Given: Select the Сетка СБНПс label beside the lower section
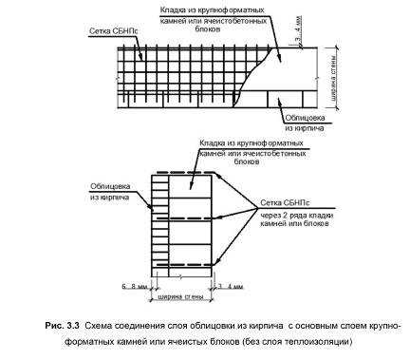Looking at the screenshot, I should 286,203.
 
